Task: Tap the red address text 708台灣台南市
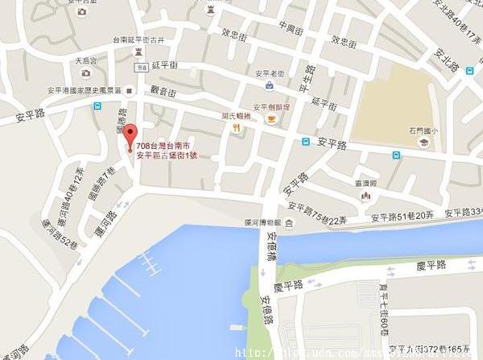coord(165,145)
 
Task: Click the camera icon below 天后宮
coord(86,73)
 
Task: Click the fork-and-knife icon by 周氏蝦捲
coord(236,129)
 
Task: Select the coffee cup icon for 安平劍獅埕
coord(270,118)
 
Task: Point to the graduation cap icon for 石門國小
coord(423,143)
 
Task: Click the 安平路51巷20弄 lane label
coord(402,217)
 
